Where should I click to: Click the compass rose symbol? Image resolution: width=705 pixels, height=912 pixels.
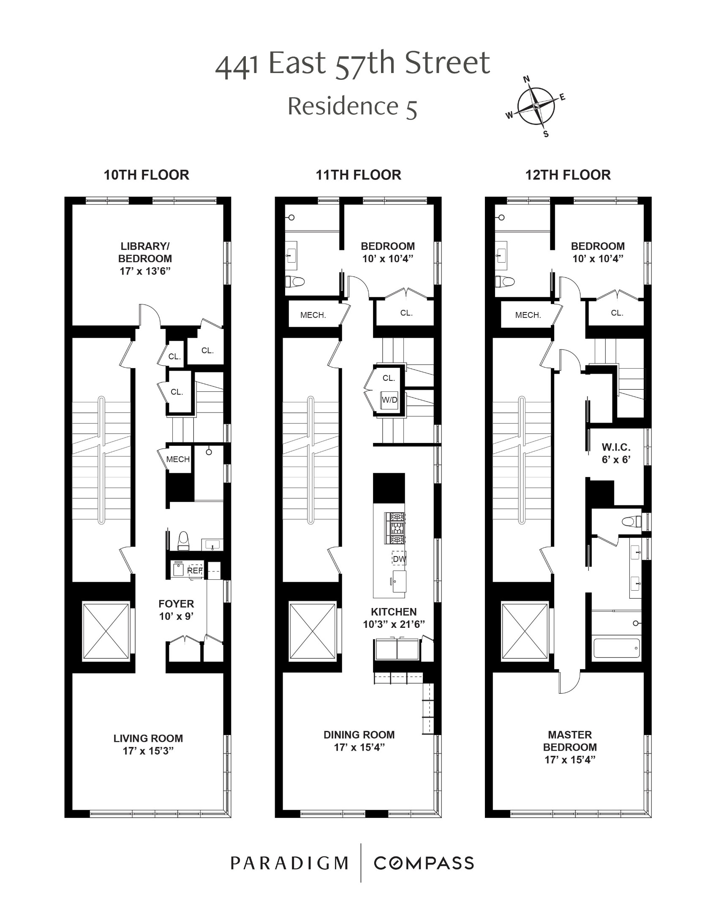coord(536,106)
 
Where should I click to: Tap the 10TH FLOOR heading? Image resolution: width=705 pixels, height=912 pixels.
coord(146,175)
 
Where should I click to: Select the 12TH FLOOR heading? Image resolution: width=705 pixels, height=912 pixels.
coord(568,175)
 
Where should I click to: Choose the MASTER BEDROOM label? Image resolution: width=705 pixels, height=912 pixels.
coord(570,746)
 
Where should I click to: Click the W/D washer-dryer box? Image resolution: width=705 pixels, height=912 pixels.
coord(389,399)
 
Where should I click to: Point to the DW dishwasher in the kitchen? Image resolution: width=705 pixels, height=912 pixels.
coord(399,559)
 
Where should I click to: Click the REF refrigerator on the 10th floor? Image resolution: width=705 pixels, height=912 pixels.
coord(195,570)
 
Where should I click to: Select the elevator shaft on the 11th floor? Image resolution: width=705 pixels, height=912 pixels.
coord(313,630)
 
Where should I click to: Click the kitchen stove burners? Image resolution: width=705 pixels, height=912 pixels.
coord(394,528)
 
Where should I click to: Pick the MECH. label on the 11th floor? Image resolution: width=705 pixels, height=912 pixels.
coord(313,315)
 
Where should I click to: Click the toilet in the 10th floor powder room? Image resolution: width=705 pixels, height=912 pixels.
coord(184,541)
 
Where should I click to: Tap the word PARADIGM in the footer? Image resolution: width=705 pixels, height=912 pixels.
coord(289,863)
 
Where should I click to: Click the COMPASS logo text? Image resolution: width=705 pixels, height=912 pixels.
coord(424,863)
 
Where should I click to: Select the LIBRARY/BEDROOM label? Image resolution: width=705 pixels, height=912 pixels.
coord(145,258)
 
